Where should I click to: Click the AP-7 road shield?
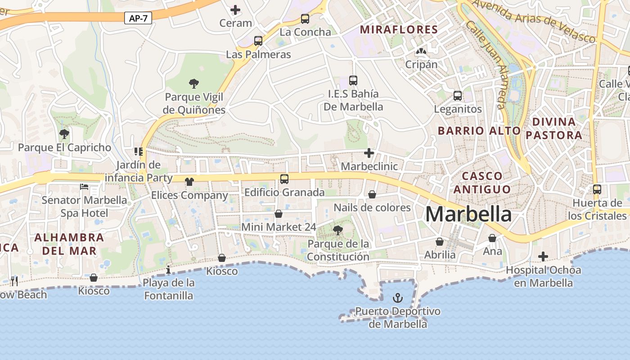(138, 18)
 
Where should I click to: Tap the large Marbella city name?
(468, 214)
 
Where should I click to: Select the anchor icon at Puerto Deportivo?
(397, 297)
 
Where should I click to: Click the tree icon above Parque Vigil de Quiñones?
(194, 83)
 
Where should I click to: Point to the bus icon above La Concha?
(305, 19)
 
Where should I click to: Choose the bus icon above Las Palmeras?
(258, 41)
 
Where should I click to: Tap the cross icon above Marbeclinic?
(369, 153)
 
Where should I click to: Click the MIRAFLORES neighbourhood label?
(399, 30)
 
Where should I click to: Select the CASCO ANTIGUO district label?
(482, 182)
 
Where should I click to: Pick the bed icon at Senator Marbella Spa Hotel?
(84, 186)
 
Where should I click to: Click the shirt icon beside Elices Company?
(189, 182)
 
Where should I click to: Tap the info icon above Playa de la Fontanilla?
(168, 270)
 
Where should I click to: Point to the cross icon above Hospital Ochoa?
(543, 256)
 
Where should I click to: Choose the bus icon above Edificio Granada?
(284, 179)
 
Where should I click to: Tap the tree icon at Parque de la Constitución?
(338, 230)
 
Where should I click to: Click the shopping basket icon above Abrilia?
(440, 242)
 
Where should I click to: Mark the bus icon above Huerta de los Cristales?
(597, 189)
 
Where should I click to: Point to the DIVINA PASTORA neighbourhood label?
(554, 128)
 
